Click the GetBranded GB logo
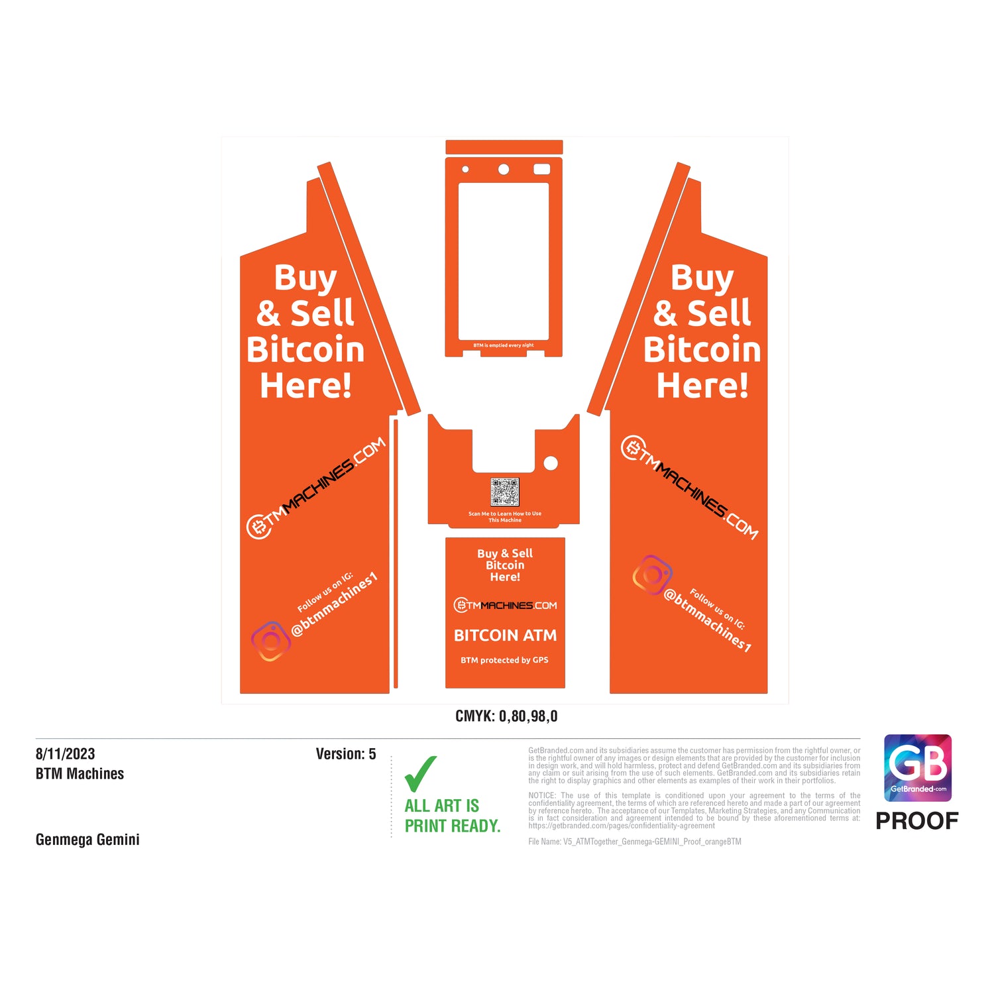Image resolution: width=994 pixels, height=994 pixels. click(918, 767)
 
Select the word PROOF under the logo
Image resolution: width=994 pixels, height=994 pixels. click(916, 821)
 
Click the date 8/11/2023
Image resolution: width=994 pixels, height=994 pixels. click(65, 754)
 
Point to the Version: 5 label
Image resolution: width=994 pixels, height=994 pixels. click(345, 754)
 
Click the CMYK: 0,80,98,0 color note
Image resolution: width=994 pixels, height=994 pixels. click(506, 716)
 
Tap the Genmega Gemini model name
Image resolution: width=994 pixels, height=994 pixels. click(87, 840)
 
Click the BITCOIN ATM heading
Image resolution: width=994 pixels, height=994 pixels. click(505, 635)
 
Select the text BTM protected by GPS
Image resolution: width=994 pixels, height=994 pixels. click(504, 660)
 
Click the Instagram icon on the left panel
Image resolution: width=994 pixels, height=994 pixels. click(270, 641)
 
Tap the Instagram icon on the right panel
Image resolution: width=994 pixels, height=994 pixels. click(653, 575)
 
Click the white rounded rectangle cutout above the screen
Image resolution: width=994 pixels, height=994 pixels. click(541, 170)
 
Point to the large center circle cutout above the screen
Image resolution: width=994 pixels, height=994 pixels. click(504, 170)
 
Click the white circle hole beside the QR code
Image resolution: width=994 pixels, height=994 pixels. click(550, 463)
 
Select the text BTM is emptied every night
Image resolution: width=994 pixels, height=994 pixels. click(504, 345)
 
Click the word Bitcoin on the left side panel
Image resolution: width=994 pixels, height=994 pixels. click(305, 350)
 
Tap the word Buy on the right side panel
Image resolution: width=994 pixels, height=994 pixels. click(702, 278)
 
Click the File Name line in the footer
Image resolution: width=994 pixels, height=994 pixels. click(634, 842)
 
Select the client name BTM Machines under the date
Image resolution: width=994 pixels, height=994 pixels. click(80, 774)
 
